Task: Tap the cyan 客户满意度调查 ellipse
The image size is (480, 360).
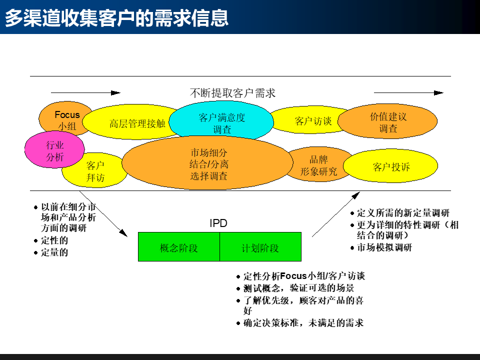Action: coord(221,123)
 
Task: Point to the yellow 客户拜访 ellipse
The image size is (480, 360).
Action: coord(95,172)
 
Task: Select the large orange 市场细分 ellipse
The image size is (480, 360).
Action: coord(208,164)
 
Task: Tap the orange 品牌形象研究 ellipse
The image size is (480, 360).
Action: coord(318,165)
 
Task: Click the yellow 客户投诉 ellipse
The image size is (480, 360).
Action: coord(391,166)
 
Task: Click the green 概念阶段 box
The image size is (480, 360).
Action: coord(178,247)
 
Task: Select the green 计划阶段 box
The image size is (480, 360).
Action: coord(260,247)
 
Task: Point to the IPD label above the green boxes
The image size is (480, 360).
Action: coord(218,223)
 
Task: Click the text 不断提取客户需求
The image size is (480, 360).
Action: coord(232,93)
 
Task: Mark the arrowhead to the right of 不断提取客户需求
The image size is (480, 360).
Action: coord(438,93)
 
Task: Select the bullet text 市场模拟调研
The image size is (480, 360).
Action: coord(384,247)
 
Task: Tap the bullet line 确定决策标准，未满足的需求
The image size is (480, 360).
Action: coord(303,323)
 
